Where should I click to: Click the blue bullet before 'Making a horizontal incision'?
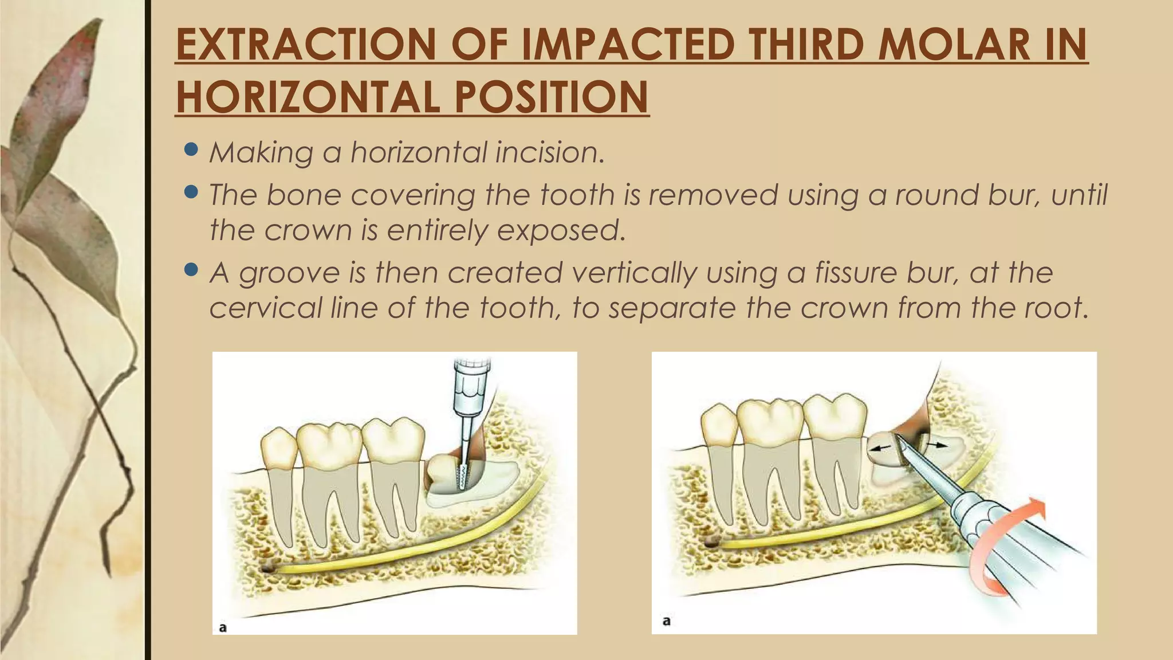tap(192, 150)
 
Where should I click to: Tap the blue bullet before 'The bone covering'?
tap(192, 192)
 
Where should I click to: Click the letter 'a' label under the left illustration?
tap(223, 627)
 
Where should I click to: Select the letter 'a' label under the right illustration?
tap(666, 620)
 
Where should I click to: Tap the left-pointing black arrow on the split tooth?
tap(881, 449)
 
